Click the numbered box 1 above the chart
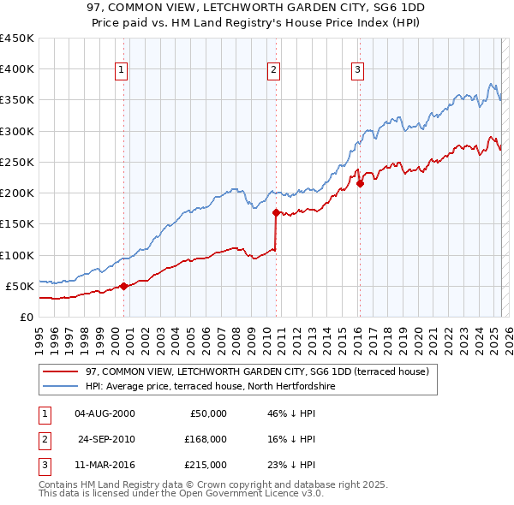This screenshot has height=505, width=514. [122, 70]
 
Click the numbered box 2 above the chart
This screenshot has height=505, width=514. [273, 70]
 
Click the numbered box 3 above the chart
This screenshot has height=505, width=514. [356, 70]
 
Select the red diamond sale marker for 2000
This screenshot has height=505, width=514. [123, 286]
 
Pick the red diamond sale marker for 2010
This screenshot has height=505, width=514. [276, 212]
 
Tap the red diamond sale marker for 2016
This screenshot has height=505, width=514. [360, 182]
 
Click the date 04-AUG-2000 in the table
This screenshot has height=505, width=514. [105, 413]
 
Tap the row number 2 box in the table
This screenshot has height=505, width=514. [41, 439]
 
